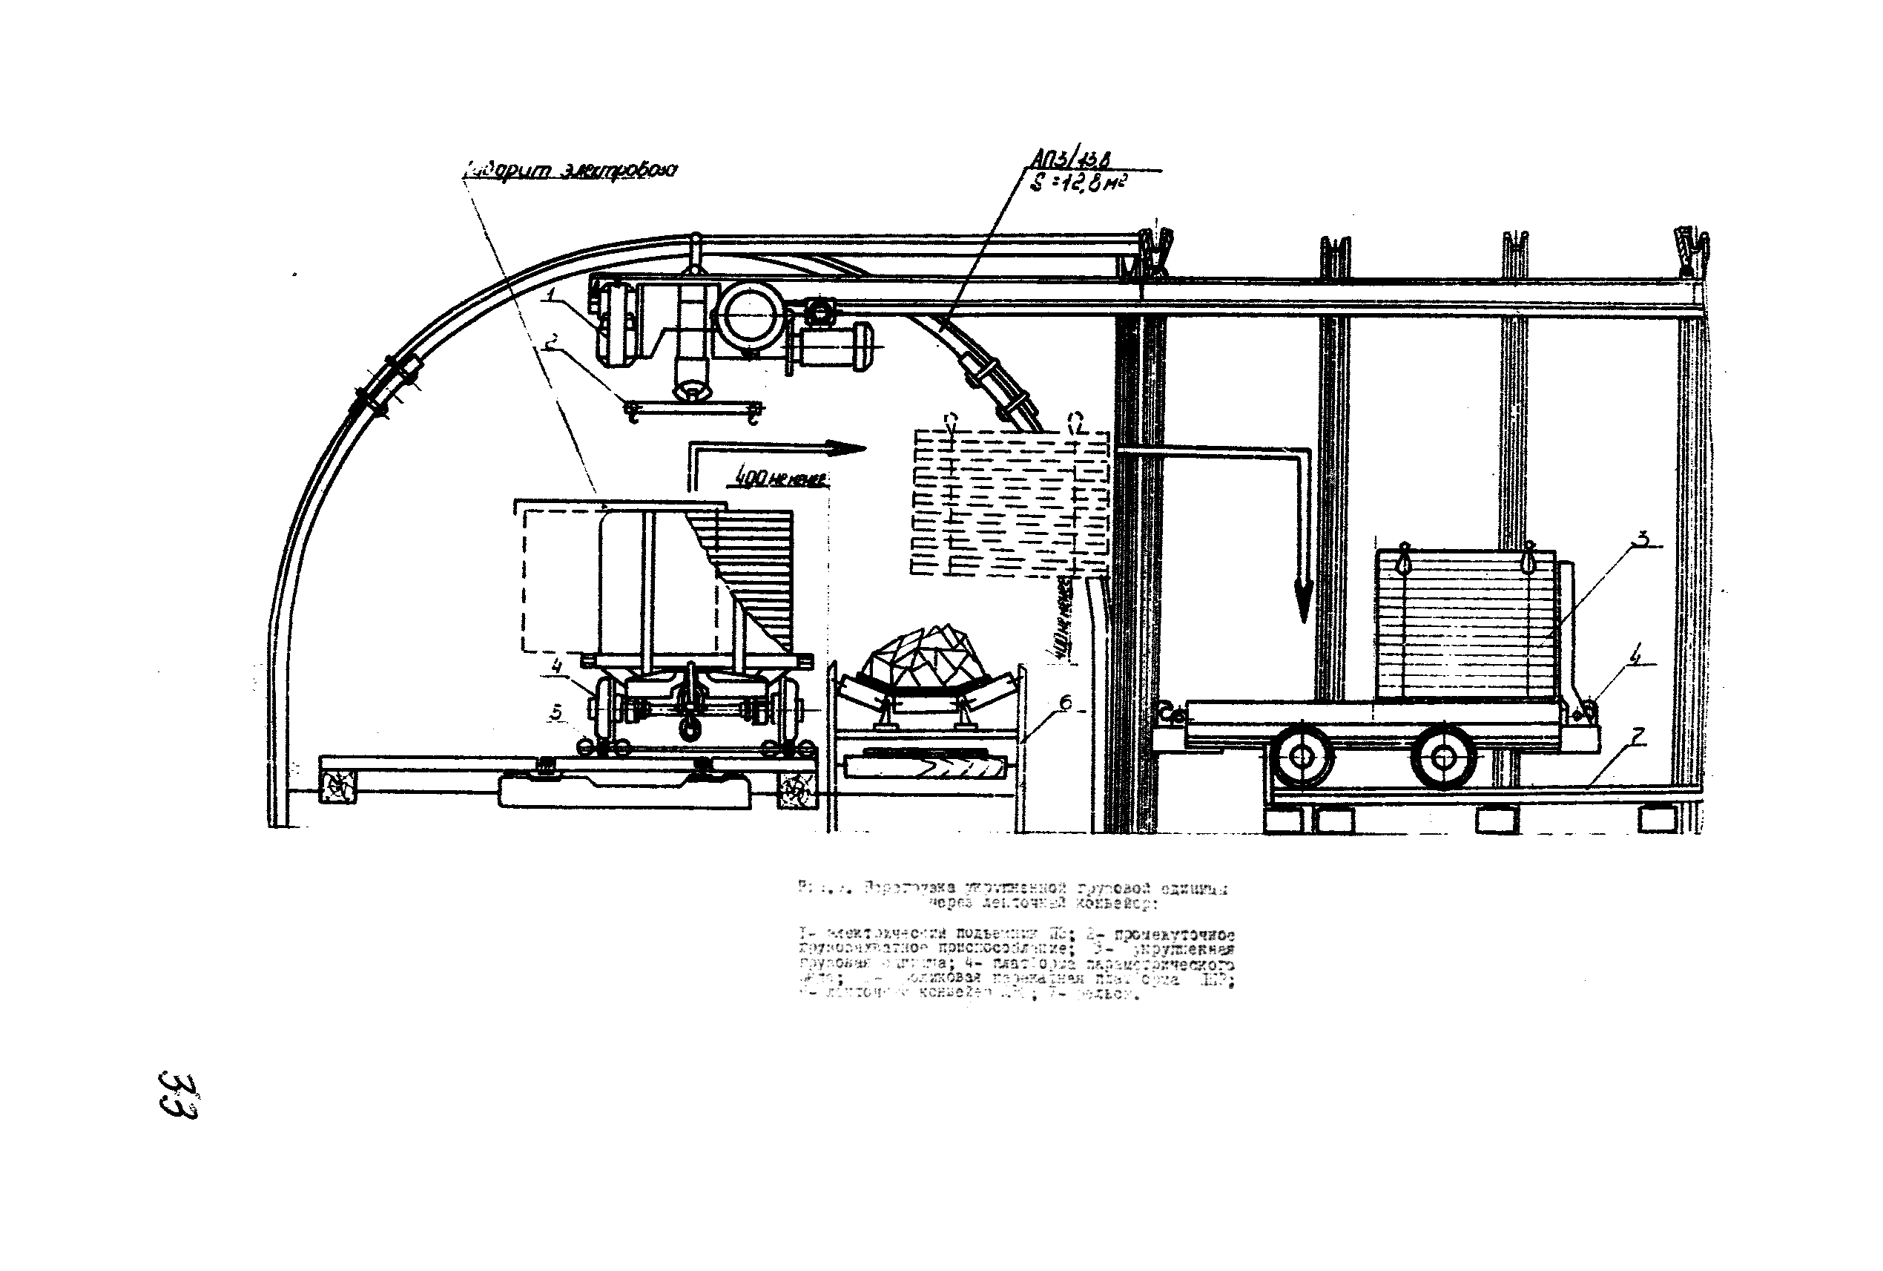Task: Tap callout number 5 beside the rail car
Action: click(555, 712)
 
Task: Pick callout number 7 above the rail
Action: click(1638, 737)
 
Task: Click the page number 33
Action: click(179, 1096)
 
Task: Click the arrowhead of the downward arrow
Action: click(1302, 604)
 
